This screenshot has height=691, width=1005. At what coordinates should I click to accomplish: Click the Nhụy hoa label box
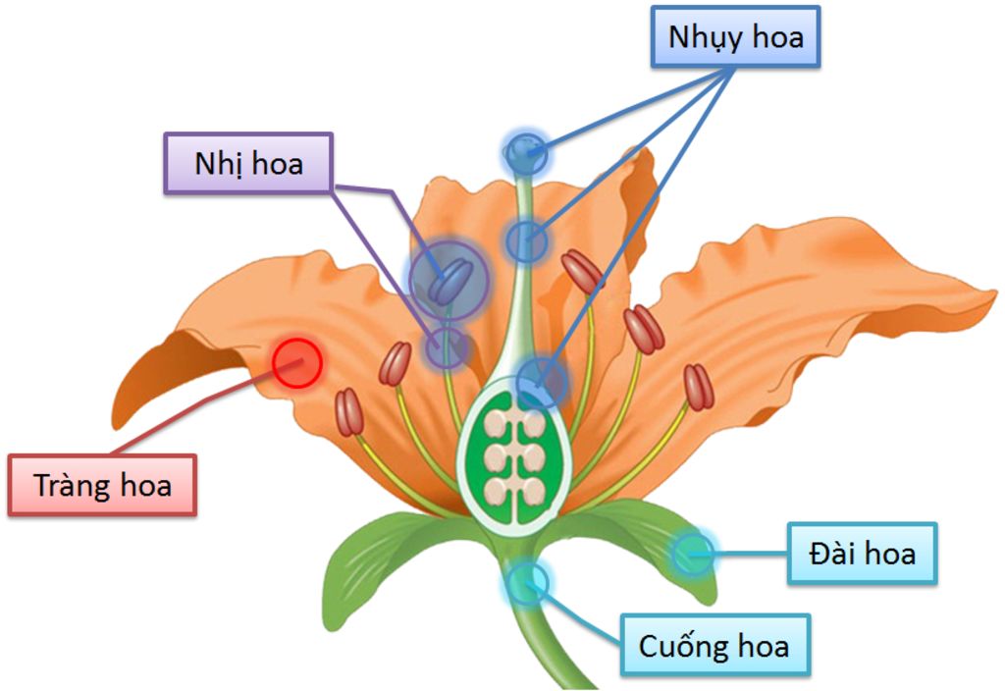(x=736, y=39)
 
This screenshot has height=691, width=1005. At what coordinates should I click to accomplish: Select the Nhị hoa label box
(x=248, y=163)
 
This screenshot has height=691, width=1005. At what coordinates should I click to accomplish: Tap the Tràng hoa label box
(x=103, y=485)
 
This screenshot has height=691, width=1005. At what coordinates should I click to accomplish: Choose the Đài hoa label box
(x=863, y=554)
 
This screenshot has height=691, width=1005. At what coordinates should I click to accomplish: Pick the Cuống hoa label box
(x=714, y=646)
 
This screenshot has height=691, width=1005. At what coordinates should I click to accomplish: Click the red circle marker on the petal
(x=296, y=363)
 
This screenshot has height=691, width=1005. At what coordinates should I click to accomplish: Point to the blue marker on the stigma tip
(x=526, y=152)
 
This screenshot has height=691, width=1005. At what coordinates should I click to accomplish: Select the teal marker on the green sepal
(x=692, y=555)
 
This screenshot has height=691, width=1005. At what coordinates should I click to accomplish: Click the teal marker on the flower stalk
(x=527, y=583)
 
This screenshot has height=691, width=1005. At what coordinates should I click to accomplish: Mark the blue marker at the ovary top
(x=542, y=382)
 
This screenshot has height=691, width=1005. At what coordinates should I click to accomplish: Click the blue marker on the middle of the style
(x=527, y=240)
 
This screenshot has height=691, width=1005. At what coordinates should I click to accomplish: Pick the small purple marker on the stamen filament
(x=448, y=347)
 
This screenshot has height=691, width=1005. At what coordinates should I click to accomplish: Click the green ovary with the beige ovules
(x=513, y=456)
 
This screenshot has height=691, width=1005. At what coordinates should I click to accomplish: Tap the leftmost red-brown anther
(x=349, y=412)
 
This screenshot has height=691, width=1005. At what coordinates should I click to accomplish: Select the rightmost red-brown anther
(x=697, y=387)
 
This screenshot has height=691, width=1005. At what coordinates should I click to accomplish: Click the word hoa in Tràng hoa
(x=140, y=485)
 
